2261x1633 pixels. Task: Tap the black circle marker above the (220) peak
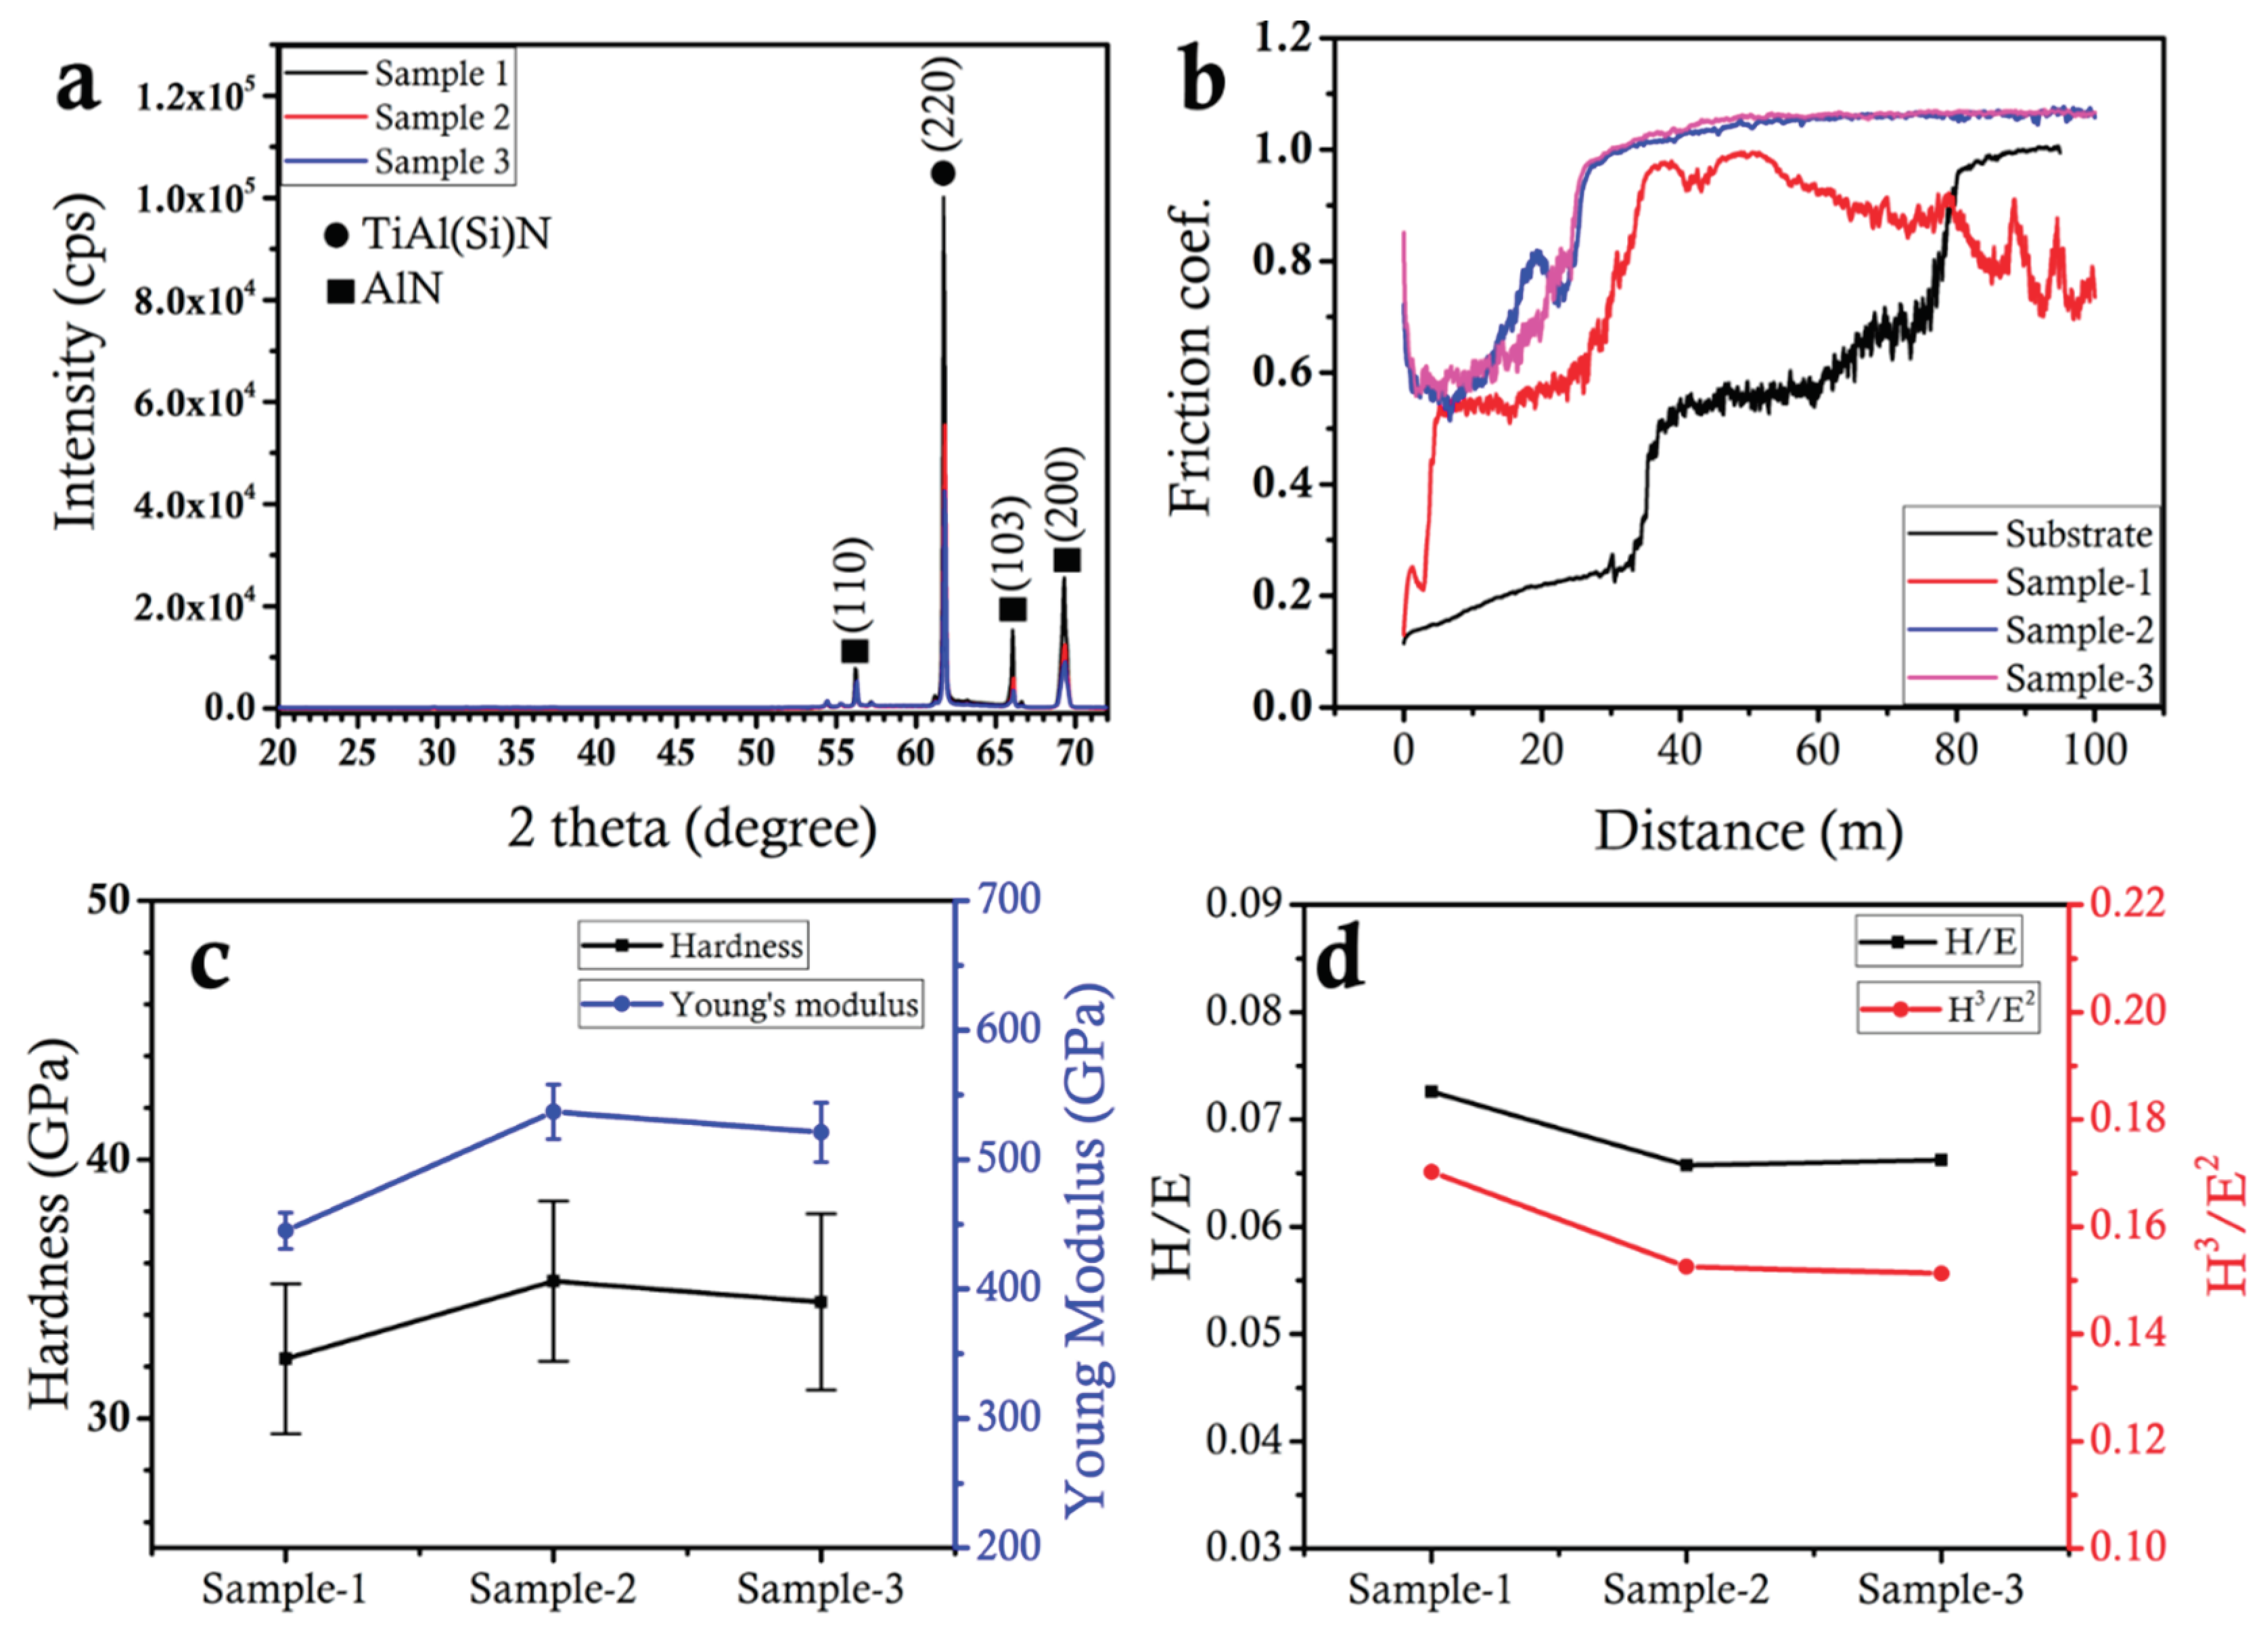(943, 173)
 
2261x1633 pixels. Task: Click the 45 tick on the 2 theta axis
(676, 753)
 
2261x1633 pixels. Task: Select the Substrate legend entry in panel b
(2078, 535)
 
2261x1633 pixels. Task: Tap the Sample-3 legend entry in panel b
(2078, 680)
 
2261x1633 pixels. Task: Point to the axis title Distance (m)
(1749, 831)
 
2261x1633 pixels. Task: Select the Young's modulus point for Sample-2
(553, 1111)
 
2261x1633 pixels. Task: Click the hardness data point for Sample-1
(286, 1358)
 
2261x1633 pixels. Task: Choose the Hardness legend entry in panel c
(735, 945)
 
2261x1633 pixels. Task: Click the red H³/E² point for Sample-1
(1432, 1172)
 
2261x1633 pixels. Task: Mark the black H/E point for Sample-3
(1941, 1159)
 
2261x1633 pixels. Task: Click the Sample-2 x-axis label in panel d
(1686, 1589)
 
